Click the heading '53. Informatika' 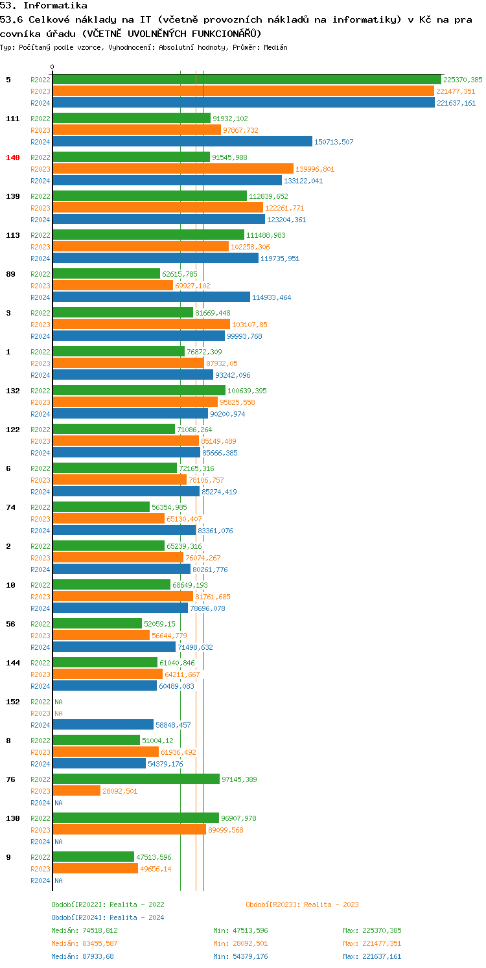[x=43, y=6]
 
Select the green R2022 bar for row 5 [x=246, y=80]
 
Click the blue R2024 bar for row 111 [x=182, y=142]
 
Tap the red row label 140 [x=13, y=157]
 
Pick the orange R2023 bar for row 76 [x=76, y=791]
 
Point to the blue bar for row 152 [x=103, y=725]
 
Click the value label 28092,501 [x=120, y=791]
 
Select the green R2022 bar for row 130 [x=135, y=818]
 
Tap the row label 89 [x=10, y=274]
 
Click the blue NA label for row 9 [x=58, y=881]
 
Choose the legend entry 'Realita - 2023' [x=302, y=905]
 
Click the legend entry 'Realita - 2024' [x=108, y=917]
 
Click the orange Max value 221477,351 [x=372, y=943]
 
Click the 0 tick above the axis [x=52, y=67]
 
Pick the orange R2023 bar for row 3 [x=141, y=325]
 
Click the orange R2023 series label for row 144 [x=40, y=674]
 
